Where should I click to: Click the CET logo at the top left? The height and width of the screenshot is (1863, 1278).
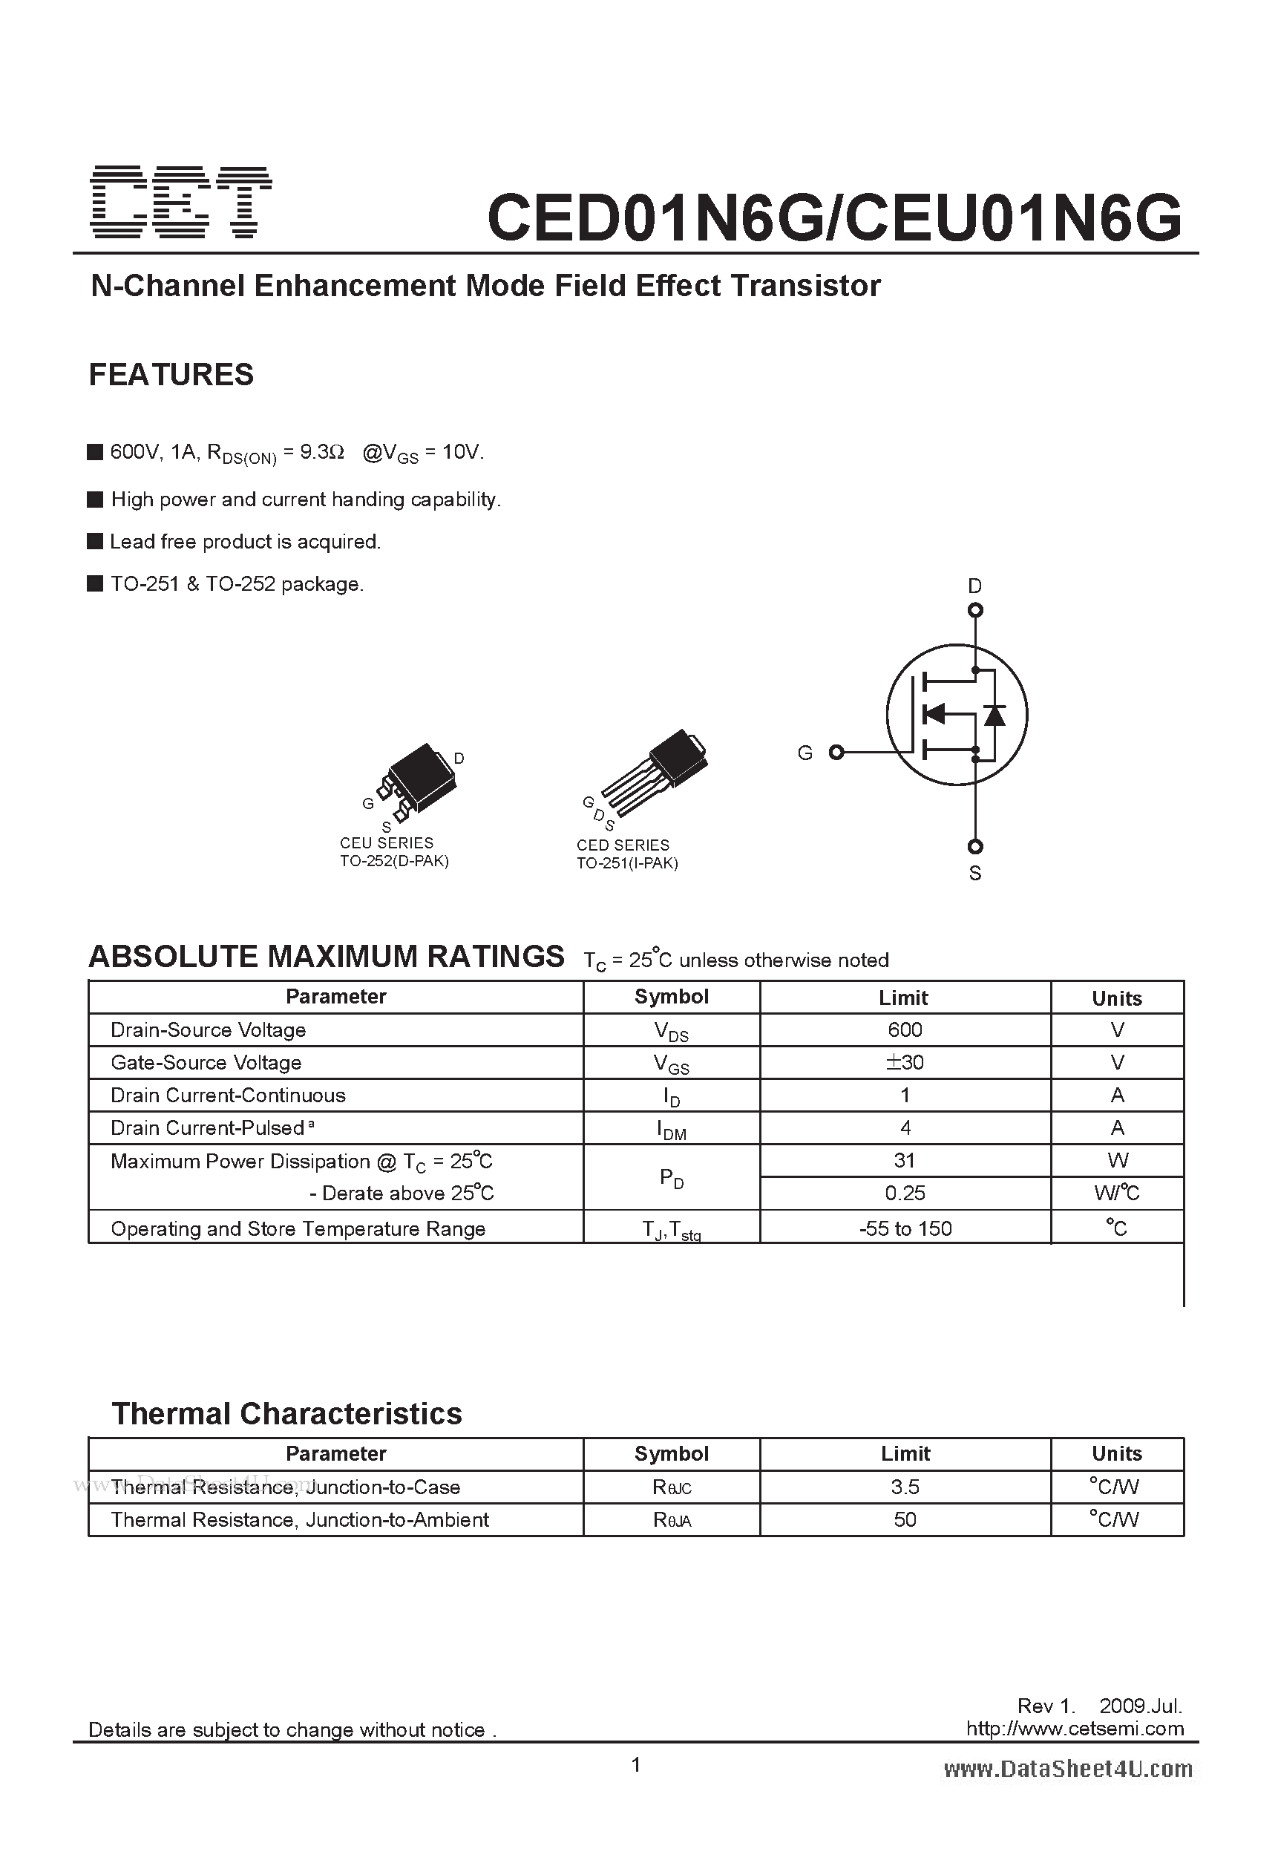(x=181, y=201)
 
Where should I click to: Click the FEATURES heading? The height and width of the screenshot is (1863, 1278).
(x=171, y=374)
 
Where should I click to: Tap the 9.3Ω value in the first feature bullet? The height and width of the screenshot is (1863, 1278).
(x=321, y=452)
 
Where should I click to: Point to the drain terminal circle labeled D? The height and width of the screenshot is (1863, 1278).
(x=975, y=611)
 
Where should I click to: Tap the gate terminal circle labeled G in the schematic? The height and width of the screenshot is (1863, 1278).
(x=836, y=752)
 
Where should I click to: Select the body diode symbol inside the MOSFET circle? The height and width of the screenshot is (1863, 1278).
(x=994, y=714)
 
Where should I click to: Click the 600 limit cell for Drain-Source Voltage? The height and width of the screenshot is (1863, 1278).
(x=905, y=1029)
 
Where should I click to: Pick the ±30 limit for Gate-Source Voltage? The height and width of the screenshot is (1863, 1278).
(x=905, y=1062)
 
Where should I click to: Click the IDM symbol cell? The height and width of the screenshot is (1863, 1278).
(x=671, y=1129)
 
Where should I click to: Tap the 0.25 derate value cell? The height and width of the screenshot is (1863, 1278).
(x=905, y=1193)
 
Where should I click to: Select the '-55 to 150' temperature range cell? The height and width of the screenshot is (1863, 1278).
(x=905, y=1228)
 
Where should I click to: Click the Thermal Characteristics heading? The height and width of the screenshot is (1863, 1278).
(x=286, y=1413)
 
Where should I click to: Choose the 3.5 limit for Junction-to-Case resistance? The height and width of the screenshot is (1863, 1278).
(x=905, y=1487)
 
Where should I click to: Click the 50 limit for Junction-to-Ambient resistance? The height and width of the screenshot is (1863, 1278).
(x=905, y=1520)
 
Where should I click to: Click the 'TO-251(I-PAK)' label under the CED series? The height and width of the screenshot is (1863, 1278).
(x=627, y=863)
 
